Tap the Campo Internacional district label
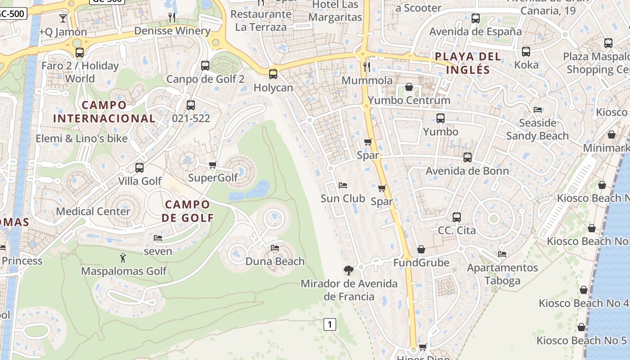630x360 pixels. click(x=104, y=112)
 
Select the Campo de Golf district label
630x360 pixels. click(x=188, y=211)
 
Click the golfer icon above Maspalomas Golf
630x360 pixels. click(x=123, y=258)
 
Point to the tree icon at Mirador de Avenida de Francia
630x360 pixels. click(x=348, y=270)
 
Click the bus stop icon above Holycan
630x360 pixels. click(x=273, y=74)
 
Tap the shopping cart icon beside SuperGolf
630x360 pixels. click(x=213, y=165)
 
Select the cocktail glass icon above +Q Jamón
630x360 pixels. click(x=63, y=18)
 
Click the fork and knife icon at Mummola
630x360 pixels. click(x=367, y=67)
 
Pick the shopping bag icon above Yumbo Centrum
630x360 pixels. click(x=409, y=87)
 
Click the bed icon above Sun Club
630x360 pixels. click(x=343, y=185)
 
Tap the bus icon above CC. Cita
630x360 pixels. click(x=457, y=217)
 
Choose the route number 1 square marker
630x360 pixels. click(x=330, y=324)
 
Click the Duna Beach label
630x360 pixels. click(x=275, y=261)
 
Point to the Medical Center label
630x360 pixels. click(x=93, y=211)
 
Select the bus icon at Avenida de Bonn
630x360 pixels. click(x=468, y=157)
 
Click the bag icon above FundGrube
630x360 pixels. click(x=421, y=249)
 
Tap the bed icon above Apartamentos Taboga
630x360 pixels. click(x=502, y=254)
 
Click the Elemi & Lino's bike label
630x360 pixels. click(x=81, y=139)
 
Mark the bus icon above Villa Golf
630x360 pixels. click(x=139, y=168)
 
